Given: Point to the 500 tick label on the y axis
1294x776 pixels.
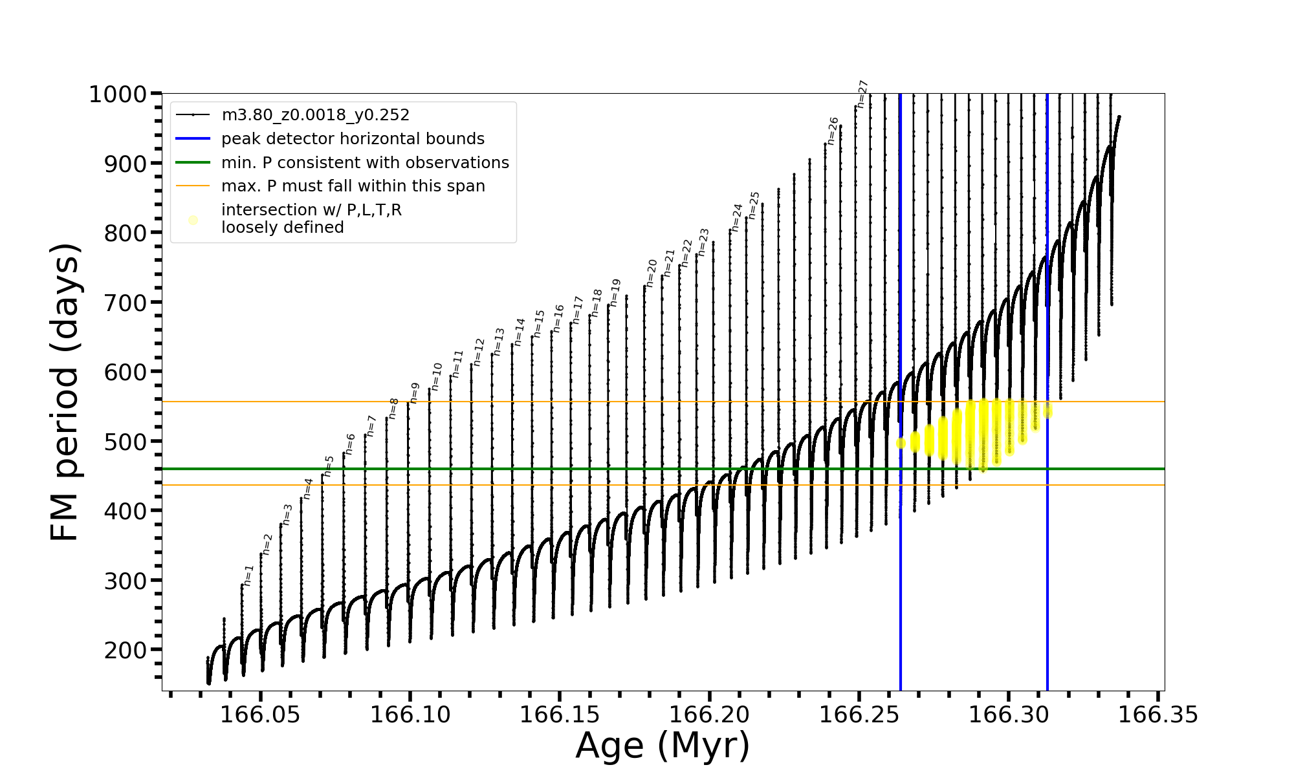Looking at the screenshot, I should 126,442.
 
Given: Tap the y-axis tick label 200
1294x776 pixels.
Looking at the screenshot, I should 126,650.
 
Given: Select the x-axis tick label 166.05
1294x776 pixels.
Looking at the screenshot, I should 260,715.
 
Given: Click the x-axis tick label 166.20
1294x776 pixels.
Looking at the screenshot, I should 709,715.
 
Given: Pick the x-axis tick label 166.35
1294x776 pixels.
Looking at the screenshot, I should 1158,715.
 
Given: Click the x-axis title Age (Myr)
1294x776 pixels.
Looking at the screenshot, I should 663,746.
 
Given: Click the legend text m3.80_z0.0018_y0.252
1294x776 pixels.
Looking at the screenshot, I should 315,115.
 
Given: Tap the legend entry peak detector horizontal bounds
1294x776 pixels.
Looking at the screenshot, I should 353,139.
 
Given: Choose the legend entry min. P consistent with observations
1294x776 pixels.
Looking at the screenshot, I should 365,162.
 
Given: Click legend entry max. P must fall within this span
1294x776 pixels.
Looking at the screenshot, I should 353,186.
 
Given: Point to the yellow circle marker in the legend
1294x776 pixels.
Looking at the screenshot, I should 193,220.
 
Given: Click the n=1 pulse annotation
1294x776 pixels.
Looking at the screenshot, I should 248,575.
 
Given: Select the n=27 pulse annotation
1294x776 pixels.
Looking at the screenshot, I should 862,94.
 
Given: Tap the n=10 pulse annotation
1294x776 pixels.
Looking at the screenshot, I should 437,376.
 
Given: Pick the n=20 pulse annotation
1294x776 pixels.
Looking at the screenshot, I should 652,273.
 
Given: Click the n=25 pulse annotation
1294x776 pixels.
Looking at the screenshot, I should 754,205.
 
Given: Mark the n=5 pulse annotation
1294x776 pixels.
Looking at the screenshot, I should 329,466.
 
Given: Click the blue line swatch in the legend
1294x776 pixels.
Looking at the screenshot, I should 193,139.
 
